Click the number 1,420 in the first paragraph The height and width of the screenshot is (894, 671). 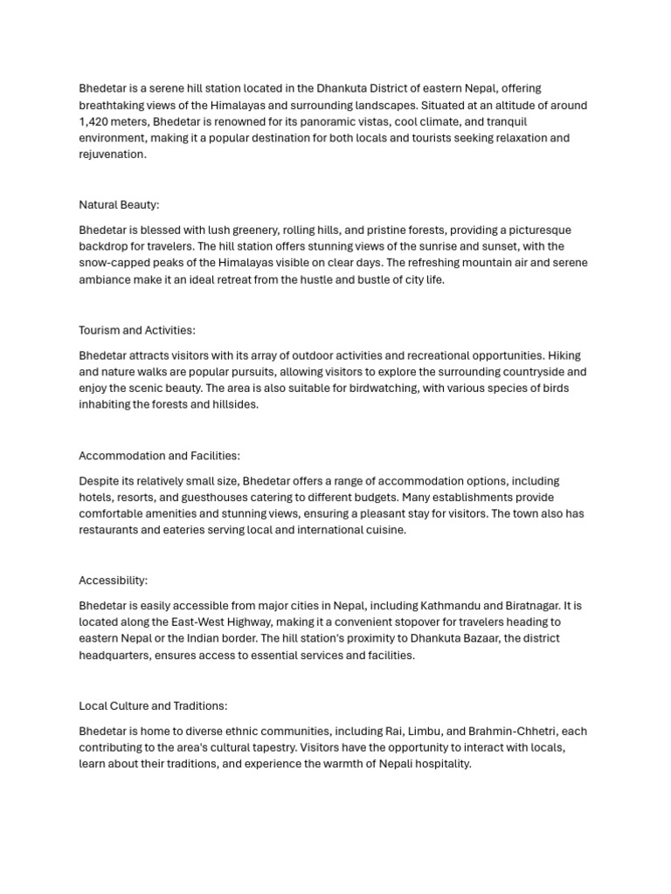pos(93,121)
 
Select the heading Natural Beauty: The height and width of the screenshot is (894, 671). pos(119,205)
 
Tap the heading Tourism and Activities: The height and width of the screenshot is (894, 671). pos(137,330)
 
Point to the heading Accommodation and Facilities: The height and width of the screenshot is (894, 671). pos(159,456)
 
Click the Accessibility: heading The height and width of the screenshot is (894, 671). pos(114,581)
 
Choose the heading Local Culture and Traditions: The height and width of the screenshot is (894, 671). pos(153,705)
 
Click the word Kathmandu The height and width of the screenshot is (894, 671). pos(449,606)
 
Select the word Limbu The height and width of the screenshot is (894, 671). pos(424,731)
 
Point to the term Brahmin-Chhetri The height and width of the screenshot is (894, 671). pos(515,731)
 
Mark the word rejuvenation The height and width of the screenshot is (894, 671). pos(111,155)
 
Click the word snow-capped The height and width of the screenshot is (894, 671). pos(114,263)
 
